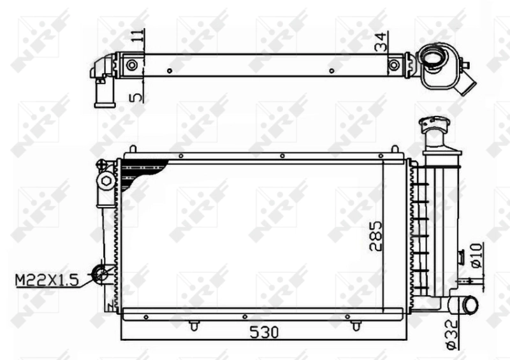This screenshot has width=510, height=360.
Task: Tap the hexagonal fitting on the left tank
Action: [106, 182]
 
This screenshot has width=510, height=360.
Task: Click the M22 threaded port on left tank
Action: [101, 275]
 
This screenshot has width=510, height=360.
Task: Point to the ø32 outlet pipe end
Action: [470, 305]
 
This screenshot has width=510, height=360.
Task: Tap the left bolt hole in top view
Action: [131, 65]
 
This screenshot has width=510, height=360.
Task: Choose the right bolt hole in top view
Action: [395, 65]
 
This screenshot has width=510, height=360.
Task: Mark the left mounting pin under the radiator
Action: [193, 326]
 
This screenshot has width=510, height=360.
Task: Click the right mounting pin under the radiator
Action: [354, 326]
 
